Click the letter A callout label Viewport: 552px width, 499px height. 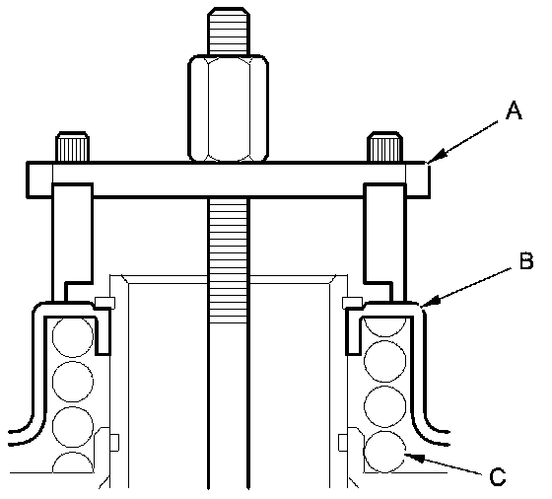tap(514, 110)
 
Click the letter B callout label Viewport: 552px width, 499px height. tap(526, 260)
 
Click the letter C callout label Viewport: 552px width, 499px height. tap(498, 477)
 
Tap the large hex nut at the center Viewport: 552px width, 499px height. tap(229, 108)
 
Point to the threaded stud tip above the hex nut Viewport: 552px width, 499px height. tap(229, 31)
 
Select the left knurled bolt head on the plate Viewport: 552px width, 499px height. tap(72, 147)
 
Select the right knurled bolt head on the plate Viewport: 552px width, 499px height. tap(384, 147)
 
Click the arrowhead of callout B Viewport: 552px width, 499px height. tap(430, 302)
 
